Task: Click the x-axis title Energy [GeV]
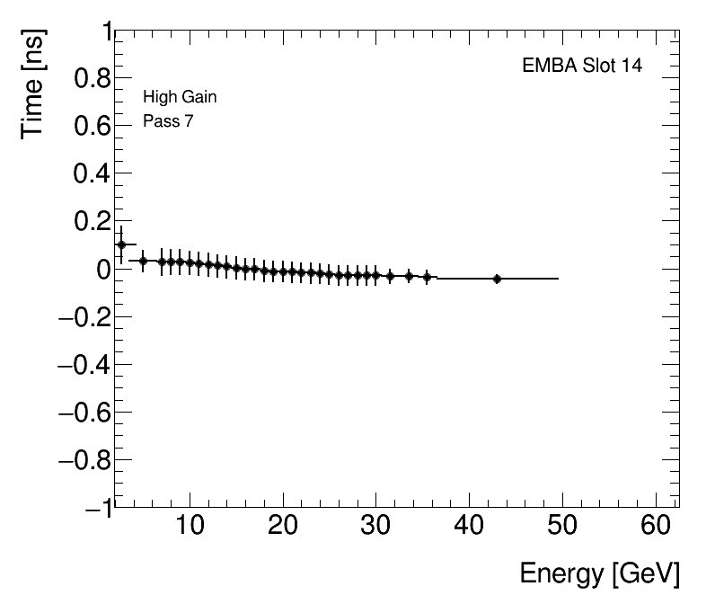599,573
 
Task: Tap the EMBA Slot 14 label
582,66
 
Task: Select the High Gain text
180,97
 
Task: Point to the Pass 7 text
168,121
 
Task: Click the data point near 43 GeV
497,279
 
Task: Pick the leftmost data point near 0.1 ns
121,244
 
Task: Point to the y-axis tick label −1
99,508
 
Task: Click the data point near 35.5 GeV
427,277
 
